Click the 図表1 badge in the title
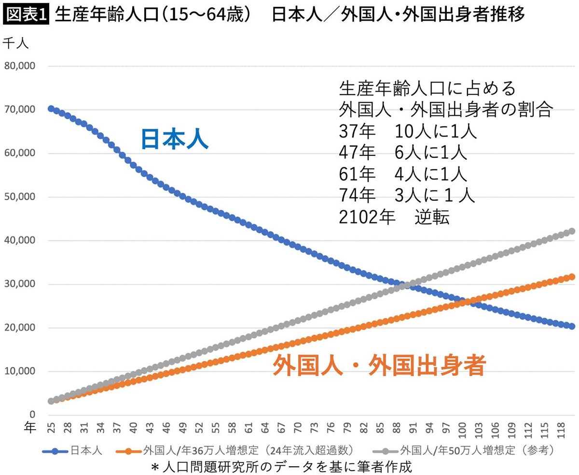tap(26, 15)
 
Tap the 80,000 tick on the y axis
tap(20, 66)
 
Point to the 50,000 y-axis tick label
tap(20, 197)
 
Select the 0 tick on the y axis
tap(32, 415)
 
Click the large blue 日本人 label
tap(174, 139)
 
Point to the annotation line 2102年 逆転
tap(394, 217)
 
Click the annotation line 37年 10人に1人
tap(407, 131)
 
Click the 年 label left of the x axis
tap(30, 427)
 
